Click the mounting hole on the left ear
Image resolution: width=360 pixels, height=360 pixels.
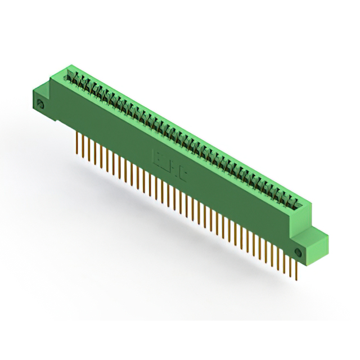[x=40, y=105]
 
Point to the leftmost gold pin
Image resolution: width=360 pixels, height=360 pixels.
[x=76, y=143]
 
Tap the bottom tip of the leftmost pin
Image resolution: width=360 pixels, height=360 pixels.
[x=76, y=152]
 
